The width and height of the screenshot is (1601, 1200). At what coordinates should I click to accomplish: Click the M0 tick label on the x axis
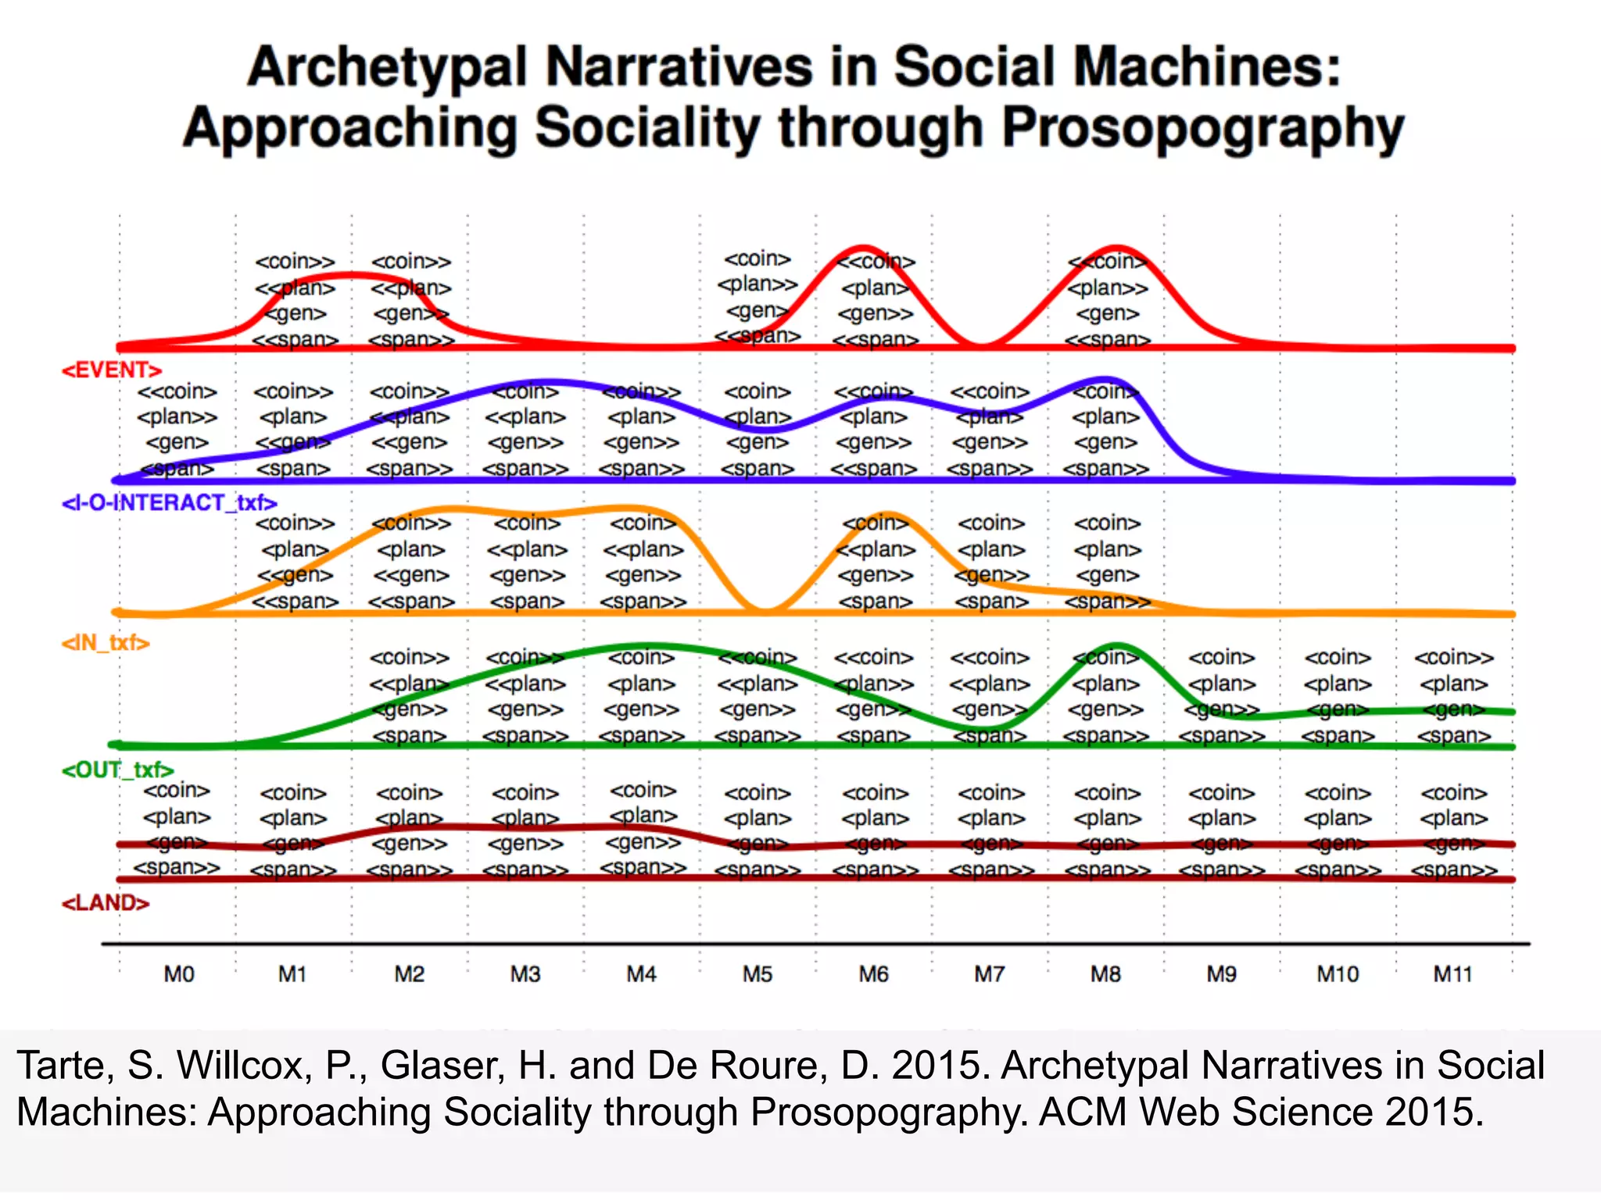tap(178, 974)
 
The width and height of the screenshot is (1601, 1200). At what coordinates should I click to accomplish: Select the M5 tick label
tap(757, 974)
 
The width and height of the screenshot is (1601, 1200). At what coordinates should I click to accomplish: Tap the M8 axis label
tap(1105, 974)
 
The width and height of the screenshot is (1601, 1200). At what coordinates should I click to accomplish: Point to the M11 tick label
tap(1452, 974)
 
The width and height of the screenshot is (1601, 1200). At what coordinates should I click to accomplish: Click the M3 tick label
tap(525, 974)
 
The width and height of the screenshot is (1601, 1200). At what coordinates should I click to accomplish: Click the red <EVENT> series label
tap(112, 370)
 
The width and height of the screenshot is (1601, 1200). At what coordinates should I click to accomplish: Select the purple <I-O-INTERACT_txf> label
tap(170, 502)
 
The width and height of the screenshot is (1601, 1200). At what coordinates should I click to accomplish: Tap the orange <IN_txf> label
tap(106, 643)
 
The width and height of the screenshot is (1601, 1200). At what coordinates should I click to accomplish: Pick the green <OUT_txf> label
tap(117, 770)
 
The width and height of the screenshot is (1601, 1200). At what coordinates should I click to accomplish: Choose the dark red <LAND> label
tap(106, 903)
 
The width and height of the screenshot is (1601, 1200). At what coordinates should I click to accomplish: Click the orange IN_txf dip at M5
tap(766, 611)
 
